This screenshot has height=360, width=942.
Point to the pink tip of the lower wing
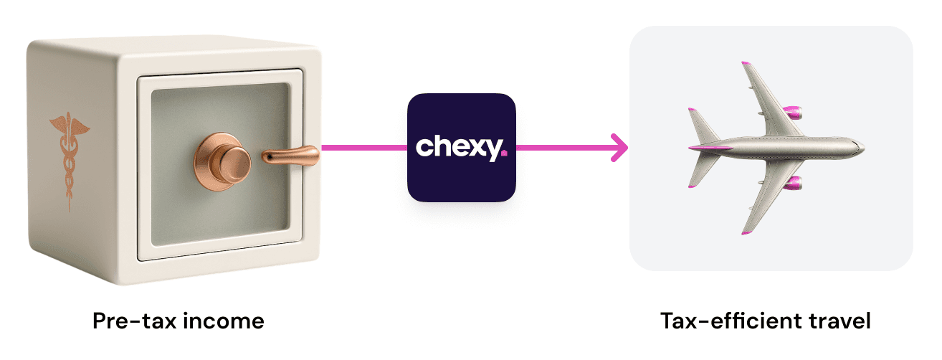pyautogui.click(x=746, y=232)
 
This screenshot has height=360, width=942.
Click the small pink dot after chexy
pyautogui.click(x=504, y=153)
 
